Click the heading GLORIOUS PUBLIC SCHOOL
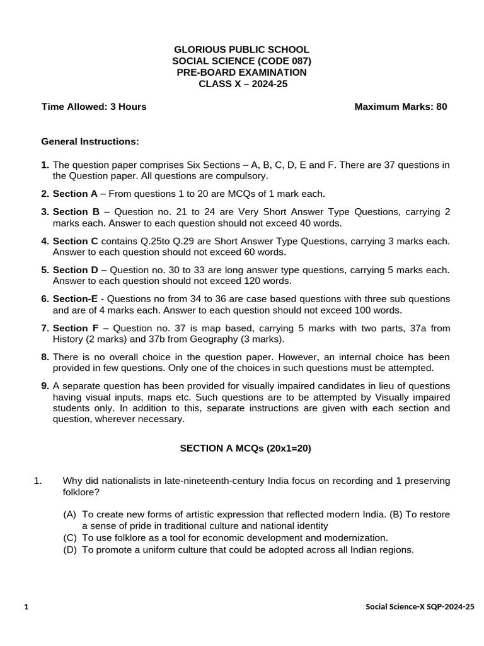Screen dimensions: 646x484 [x=241, y=49]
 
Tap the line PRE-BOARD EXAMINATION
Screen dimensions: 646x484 [x=241, y=72]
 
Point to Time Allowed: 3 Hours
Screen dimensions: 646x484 [x=94, y=107]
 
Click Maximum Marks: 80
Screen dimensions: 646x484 [x=401, y=107]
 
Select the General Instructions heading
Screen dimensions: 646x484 [x=90, y=142]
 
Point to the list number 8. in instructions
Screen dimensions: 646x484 [x=45, y=357]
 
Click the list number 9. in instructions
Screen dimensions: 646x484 [x=45, y=386]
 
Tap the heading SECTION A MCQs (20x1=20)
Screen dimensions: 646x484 [x=246, y=449]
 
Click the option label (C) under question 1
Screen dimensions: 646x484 [x=70, y=537]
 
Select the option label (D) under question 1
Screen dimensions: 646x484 [x=70, y=549]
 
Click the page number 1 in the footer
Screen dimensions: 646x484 [x=26, y=607]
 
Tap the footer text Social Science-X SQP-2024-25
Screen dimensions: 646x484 [x=420, y=607]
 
